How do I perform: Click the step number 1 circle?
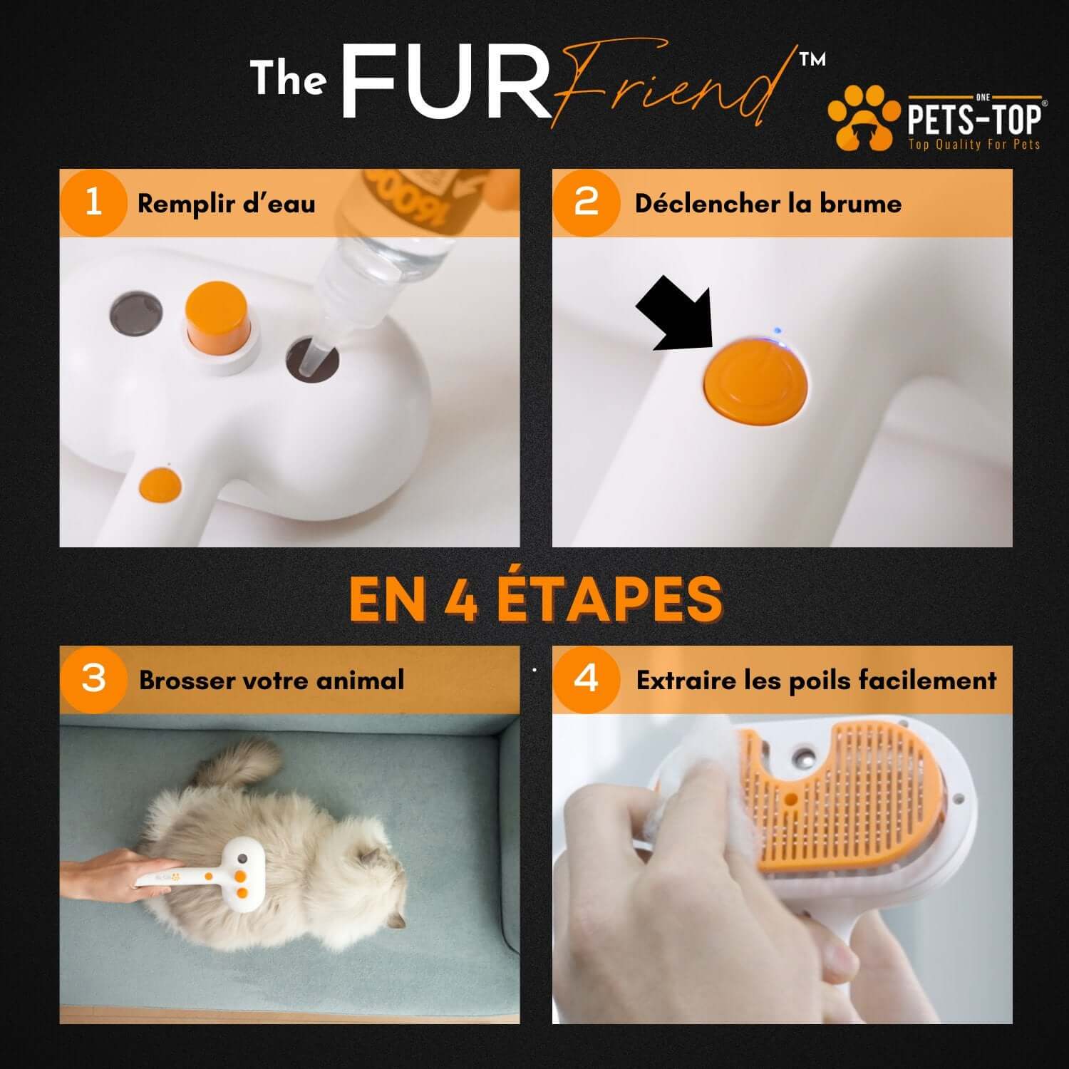point(93,203)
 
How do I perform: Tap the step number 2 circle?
point(586,203)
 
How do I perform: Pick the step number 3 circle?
point(93,679)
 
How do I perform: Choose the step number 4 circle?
point(586,679)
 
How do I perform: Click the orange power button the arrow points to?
point(756,381)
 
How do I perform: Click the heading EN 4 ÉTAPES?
point(535,599)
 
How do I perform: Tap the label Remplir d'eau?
point(226,204)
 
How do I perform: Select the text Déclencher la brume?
point(768,204)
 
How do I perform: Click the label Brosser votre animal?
point(271,680)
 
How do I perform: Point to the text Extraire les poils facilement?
point(816,681)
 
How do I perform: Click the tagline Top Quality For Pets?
point(974,145)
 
